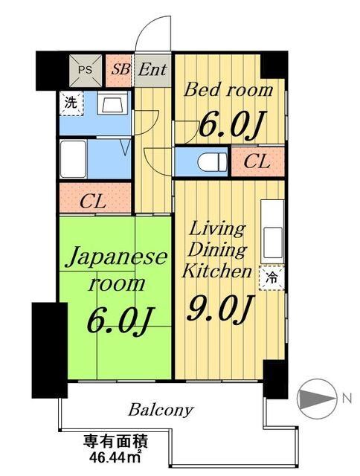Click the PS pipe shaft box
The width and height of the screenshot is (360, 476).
86,71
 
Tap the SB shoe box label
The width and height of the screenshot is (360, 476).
120,69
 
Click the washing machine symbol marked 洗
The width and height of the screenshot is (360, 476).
71,103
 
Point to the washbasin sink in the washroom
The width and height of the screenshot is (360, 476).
112,104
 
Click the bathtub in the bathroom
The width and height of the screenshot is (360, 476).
73,159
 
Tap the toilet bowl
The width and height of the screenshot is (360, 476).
212,162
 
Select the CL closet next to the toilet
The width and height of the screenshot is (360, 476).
257,161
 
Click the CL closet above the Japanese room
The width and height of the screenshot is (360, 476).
95,198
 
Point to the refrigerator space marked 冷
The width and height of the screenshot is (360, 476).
271,277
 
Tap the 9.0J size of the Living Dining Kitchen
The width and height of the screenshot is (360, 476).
220,309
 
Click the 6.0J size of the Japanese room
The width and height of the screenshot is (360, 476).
120,321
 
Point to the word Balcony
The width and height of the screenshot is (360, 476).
161,411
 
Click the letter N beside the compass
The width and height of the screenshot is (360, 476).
347,398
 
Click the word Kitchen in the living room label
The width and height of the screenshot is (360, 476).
216,271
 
